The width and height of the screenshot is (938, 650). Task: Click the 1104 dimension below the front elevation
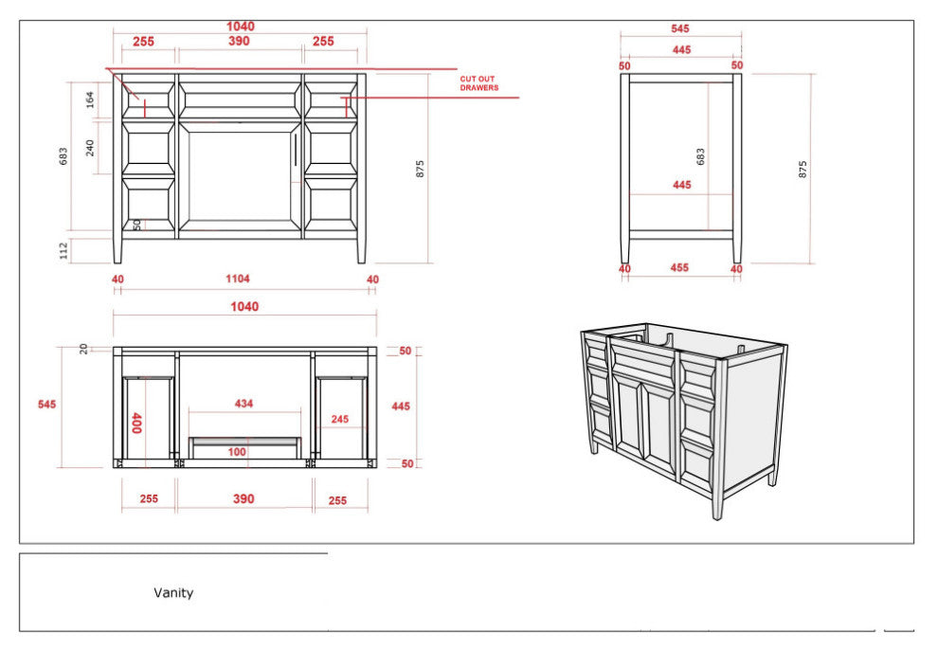click(238, 279)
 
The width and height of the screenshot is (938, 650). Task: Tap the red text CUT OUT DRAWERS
click(478, 83)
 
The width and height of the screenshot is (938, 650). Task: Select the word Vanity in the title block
click(173, 592)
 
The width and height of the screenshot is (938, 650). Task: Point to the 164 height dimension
click(90, 99)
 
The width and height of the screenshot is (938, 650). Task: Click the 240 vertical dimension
click(90, 148)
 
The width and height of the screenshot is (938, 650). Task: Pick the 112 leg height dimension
click(64, 251)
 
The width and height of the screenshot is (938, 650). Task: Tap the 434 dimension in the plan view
click(244, 404)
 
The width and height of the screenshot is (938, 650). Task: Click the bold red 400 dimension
click(136, 423)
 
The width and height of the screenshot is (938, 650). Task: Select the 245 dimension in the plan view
click(340, 419)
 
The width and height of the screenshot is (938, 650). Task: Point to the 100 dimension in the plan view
click(237, 452)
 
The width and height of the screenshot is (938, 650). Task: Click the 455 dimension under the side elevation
click(679, 268)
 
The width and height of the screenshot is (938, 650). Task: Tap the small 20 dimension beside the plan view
click(83, 349)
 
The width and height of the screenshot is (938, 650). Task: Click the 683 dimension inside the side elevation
click(700, 156)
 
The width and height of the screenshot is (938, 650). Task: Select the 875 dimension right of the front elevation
click(420, 169)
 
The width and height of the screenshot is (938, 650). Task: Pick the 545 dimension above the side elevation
click(680, 28)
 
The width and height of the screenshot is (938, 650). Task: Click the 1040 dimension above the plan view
click(244, 307)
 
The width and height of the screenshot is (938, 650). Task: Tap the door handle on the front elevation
click(296, 149)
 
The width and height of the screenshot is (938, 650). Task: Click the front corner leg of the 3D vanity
click(718, 440)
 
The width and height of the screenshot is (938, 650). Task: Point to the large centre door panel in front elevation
click(240, 176)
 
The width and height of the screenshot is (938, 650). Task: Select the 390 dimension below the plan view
click(244, 498)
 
